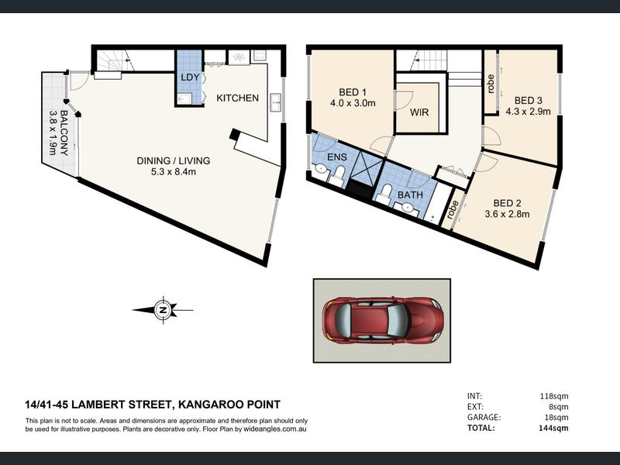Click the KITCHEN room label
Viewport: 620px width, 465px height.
[x=237, y=98]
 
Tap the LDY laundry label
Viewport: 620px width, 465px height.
[x=190, y=77]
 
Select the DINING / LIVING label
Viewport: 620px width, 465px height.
[x=173, y=160]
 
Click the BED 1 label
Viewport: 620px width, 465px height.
[x=353, y=92]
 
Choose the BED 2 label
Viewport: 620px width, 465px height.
[x=507, y=203]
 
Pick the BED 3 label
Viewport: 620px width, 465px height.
[x=528, y=101]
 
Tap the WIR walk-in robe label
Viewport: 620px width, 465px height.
[x=419, y=112]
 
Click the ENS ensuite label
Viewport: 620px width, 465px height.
[x=337, y=157]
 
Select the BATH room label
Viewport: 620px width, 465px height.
[x=410, y=195]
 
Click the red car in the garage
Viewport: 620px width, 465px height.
[x=383, y=319]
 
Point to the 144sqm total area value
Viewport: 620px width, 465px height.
[x=553, y=428]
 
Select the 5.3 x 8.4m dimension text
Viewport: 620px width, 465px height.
[x=173, y=171]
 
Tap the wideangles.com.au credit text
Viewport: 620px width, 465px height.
[x=275, y=429]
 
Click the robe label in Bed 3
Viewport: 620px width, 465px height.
[x=491, y=84]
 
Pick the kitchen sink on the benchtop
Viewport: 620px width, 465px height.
[x=276, y=103]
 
